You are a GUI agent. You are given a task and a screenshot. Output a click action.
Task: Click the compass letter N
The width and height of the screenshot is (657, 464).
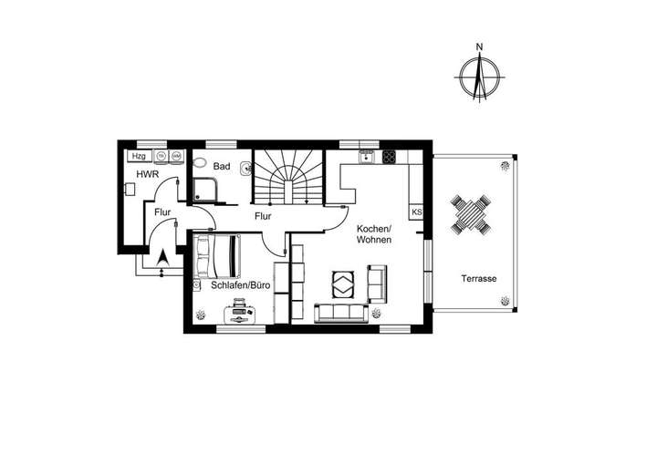(x=478, y=45)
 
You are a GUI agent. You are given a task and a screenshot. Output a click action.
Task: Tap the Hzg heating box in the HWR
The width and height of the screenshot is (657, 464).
(x=140, y=156)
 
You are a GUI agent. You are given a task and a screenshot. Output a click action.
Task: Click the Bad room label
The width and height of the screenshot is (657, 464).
(x=221, y=167)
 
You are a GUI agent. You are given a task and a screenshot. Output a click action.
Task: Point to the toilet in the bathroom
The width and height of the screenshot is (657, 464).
(x=200, y=163)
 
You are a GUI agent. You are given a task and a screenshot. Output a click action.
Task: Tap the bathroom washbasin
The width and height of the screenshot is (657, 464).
(x=245, y=166)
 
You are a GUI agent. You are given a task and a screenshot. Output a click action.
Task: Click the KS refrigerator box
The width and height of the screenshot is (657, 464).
(x=417, y=212)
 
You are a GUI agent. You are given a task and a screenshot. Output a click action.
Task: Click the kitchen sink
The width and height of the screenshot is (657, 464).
(x=367, y=156)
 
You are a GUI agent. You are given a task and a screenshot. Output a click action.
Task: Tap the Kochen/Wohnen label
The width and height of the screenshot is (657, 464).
(x=374, y=233)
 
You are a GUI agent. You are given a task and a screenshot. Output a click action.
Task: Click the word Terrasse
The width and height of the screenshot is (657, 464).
(x=479, y=278)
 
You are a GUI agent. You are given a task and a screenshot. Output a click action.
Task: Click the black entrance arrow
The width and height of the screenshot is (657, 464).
(x=162, y=260)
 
